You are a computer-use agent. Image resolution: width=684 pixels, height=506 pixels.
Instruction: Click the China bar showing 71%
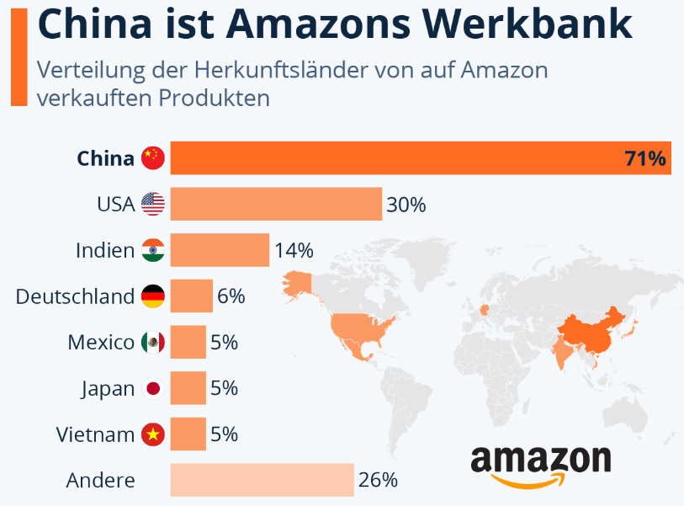coord(421,158)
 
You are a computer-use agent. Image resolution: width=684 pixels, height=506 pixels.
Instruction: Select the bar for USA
coord(276,204)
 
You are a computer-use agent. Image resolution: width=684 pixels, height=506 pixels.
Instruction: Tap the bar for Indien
coord(220,250)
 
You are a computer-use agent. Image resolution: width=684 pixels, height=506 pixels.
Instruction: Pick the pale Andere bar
coord(262,480)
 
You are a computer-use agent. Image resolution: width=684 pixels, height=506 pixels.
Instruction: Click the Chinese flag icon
coord(152,158)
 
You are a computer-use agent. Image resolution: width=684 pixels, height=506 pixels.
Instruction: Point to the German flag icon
coord(152,296)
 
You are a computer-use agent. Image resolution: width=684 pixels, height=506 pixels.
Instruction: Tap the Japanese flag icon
coord(152,389)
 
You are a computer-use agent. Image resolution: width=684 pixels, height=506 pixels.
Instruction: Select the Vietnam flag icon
coord(152,434)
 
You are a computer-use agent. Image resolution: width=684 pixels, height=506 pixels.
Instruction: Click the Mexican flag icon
coord(152,343)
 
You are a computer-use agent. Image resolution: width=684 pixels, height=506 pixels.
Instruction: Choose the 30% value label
coord(406,205)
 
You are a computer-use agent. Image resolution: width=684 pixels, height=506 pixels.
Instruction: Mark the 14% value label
coord(293,251)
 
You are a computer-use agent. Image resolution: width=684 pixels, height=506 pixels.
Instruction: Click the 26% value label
coord(377,481)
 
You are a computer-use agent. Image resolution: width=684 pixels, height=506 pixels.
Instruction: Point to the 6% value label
coord(231,296)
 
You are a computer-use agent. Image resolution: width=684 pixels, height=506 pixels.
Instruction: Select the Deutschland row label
coord(75,296)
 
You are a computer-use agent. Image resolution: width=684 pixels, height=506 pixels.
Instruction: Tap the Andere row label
coord(100,481)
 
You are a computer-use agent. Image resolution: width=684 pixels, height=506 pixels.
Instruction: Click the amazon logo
coord(540,464)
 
